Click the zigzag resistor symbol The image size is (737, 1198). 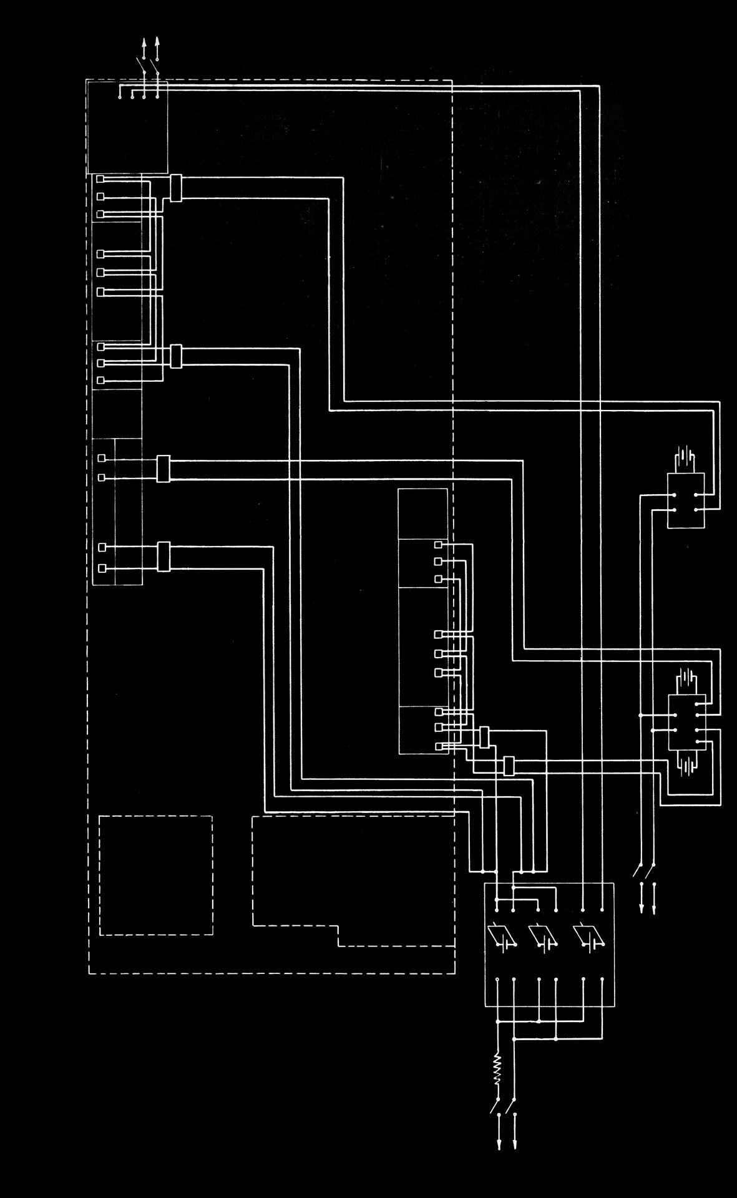pyautogui.click(x=498, y=1070)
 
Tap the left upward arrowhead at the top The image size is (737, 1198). pyautogui.click(x=144, y=43)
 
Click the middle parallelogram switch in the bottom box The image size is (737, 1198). pyautogui.click(x=542, y=937)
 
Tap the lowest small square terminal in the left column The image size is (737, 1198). pyautogui.click(x=102, y=568)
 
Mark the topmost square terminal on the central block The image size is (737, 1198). pyautogui.click(x=438, y=545)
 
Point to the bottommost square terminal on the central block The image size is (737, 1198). pyautogui.click(x=438, y=747)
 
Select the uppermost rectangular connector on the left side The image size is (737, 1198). pyautogui.click(x=176, y=187)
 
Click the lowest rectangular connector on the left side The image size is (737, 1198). pyautogui.click(x=164, y=556)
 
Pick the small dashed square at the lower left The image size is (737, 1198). pyautogui.click(x=155, y=875)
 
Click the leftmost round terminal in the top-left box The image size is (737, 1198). pyautogui.click(x=120, y=97)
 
